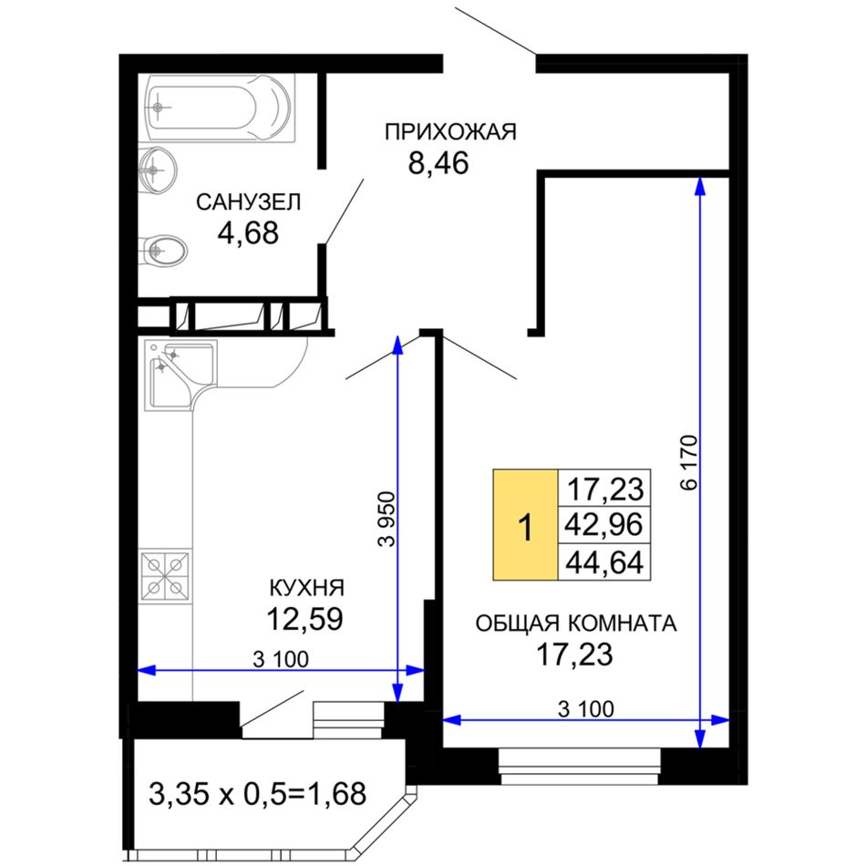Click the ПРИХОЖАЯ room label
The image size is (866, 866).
coord(450,132)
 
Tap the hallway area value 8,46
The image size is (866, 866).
coord(438,163)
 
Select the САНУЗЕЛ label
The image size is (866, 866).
coord(249,202)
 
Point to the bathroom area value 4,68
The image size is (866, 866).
coord(248,232)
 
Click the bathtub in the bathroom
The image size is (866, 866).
coord(220,108)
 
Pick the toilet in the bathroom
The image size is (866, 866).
coord(163,252)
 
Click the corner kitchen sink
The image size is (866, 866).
coord(180,376)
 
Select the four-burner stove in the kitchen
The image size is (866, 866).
coord(165,576)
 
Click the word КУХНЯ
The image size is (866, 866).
coord(306,588)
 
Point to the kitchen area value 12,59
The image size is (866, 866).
coord(304,619)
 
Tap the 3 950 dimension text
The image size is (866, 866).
coord(387,519)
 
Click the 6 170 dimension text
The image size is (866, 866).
coord(690,463)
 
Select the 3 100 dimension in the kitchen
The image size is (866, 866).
coord(281,659)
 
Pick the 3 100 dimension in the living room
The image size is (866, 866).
coord(585,708)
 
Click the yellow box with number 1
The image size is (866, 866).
coord(525,525)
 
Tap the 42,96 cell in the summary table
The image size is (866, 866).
coord(604,525)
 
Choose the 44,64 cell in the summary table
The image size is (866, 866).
coord(604,562)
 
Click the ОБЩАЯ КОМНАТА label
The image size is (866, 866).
coord(575,624)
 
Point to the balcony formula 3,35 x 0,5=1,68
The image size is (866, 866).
coord(257,794)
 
